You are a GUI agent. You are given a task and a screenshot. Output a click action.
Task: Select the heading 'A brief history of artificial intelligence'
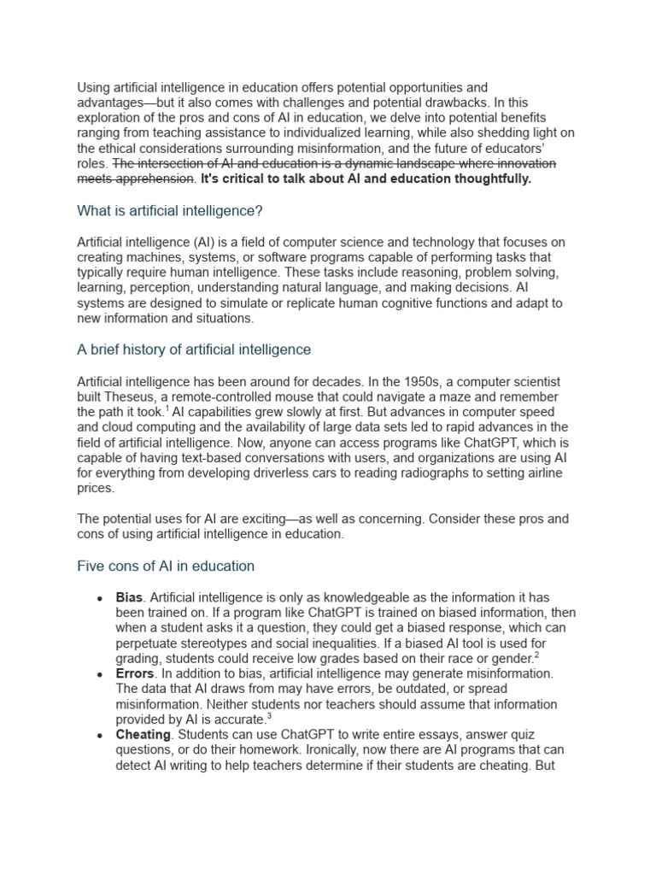click(x=194, y=349)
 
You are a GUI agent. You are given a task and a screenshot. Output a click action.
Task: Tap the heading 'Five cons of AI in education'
click(x=166, y=566)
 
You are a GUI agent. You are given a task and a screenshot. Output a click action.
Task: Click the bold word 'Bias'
click(x=130, y=596)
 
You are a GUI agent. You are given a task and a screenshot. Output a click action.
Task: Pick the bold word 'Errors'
click(x=135, y=673)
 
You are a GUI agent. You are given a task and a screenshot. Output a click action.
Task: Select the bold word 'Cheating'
click(x=143, y=735)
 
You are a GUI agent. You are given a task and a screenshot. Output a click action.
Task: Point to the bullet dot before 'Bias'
click(x=100, y=597)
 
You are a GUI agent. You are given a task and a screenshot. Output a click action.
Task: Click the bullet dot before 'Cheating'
click(x=100, y=736)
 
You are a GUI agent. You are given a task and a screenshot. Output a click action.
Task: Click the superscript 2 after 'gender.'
click(x=536, y=655)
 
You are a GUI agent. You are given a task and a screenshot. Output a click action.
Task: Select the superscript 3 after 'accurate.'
click(x=269, y=716)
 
